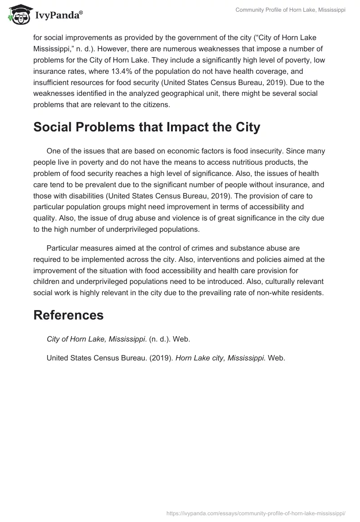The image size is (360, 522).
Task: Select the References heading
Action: coord(68,315)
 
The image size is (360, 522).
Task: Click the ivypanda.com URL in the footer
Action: coord(255,512)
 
